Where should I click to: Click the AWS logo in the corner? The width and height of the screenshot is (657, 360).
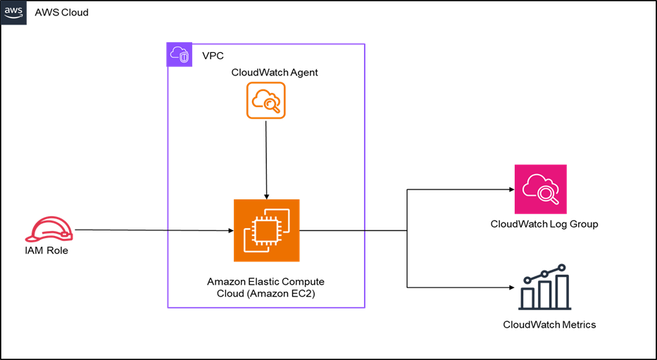point(13,13)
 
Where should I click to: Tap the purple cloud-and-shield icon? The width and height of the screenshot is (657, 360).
point(180,54)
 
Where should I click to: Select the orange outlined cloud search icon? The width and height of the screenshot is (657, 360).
point(265,100)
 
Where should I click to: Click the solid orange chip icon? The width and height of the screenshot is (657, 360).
point(266,230)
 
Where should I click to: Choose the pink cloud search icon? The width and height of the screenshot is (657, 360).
point(540,189)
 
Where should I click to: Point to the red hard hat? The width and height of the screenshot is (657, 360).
point(49,230)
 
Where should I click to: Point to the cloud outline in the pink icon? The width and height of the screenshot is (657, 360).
point(535,185)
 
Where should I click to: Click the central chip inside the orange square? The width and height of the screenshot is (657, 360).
point(262,229)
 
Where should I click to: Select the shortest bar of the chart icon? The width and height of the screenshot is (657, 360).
point(527,297)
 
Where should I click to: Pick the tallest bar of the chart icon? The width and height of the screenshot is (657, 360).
point(562,291)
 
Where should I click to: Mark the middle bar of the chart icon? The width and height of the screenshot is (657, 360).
point(544,294)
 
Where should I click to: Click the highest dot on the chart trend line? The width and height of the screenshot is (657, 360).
point(562,268)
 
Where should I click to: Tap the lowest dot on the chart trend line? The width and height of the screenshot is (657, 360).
point(527,280)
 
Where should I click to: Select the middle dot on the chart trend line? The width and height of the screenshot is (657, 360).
point(544,273)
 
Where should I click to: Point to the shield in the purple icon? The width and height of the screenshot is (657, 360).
point(184,57)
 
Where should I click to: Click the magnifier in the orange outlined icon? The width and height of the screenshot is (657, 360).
point(273,106)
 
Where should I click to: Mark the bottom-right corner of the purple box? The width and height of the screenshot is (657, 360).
point(364,307)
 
